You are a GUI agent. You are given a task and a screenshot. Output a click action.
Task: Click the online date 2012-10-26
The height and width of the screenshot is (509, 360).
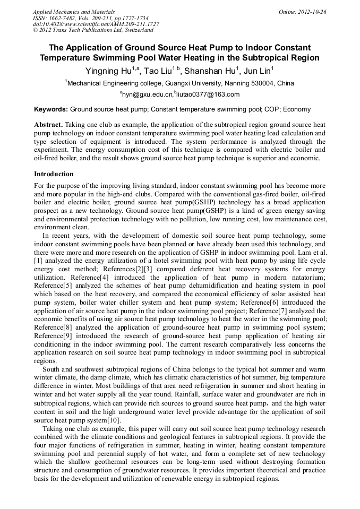point(313,12)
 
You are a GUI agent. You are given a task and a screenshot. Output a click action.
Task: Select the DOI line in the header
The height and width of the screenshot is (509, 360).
point(96,24)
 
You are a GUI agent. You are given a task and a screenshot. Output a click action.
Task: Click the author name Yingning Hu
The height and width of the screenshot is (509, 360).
point(108,71)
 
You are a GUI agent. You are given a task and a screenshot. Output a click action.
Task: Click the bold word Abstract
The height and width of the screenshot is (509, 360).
point(48,124)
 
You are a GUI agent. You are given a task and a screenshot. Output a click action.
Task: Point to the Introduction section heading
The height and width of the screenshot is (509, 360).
point(54,174)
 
